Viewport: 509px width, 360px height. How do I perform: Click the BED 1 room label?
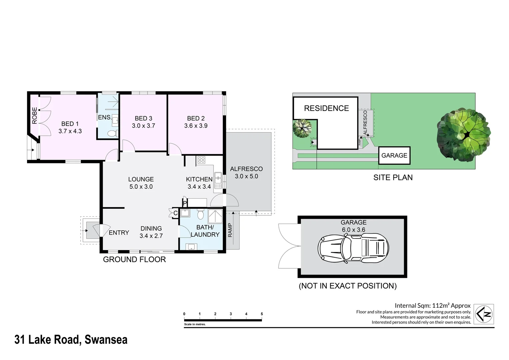click(x=70, y=124)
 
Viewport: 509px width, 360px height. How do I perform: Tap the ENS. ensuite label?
click(x=105, y=117)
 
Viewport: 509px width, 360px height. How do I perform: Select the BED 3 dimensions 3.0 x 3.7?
click(x=143, y=126)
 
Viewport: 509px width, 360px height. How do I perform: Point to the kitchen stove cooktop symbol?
click(x=201, y=160)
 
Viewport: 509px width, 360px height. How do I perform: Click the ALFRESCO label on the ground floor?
click(x=246, y=169)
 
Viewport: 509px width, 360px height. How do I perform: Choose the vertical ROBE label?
click(x=35, y=116)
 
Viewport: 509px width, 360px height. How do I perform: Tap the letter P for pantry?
click(x=185, y=203)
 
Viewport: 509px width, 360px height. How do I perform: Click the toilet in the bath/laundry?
click(x=201, y=214)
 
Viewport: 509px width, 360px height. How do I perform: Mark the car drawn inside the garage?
click(x=353, y=248)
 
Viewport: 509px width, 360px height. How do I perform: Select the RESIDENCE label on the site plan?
click(x=326, y=108)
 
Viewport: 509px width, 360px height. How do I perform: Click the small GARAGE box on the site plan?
click(x=394, y=156)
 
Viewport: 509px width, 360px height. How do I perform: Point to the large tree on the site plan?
click(x=464, y=135)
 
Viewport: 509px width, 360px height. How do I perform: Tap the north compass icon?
click(x=484, y=314)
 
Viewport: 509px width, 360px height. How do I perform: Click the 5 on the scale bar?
click(x=262, y=314)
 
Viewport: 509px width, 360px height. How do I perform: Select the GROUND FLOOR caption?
click(x=134, y=259)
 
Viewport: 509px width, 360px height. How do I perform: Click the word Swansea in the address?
click(x=106, y=340)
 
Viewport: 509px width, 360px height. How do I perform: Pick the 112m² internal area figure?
click(x=441, y=305)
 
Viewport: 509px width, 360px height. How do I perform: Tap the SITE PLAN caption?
click(x=393, y=177)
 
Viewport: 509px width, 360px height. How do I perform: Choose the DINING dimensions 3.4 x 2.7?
click(x=151, y=236)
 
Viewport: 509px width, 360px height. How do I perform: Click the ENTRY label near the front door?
click(x=119, y=232)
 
